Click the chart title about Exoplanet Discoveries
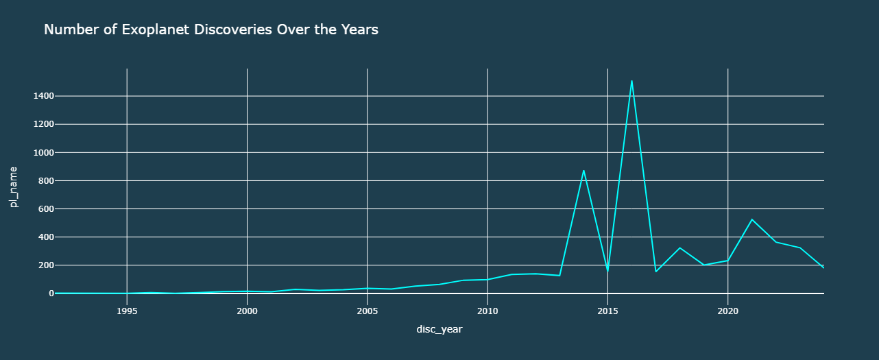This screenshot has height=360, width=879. tap(211, 29)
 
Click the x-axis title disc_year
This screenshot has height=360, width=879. tap(439, 330)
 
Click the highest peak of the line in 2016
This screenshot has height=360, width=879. tap(631, 81)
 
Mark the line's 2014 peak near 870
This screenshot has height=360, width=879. tap(583, 170)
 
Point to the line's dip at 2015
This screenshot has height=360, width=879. tap(607, 270)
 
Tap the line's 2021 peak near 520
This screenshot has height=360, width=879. tap(751, 219)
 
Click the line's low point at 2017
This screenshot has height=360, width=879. tap(655, 272)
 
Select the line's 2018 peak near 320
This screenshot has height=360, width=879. tap(679, 248)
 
